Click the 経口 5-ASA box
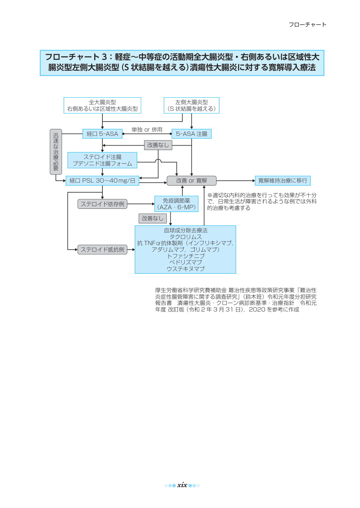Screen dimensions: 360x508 (x=102, y=134)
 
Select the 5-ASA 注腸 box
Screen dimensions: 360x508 (x=191, y=134)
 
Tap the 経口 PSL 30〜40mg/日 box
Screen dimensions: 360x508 (x=102, y=181)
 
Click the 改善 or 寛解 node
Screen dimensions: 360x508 (x=191, y=181)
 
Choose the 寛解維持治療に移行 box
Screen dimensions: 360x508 (x=283, y=181)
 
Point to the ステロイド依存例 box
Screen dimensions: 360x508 (x=102, y=204)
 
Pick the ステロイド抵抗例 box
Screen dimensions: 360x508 (x=102, y=249)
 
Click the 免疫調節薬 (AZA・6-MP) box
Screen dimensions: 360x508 (x=176, y=204)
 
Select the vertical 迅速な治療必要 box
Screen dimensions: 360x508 (x=56, y=152)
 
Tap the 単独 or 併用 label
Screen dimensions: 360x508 (x=147, y=129)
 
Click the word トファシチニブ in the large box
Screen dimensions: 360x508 (x=186, y=256)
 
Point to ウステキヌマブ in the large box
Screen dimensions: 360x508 (x=186, y=269)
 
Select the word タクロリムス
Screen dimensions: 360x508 (x=186, y=237)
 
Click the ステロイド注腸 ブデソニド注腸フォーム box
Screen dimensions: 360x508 (x=102, y=160)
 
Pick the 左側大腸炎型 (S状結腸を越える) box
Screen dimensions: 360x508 (x=191, y=105)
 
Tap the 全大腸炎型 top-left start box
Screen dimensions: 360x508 (x=102, y=105)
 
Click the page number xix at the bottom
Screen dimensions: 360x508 (x=182, y=485)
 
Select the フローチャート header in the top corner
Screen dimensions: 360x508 (x=307, y=24)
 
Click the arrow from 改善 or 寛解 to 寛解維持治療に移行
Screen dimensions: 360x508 (x=236, y=181)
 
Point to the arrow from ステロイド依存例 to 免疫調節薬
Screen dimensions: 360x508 (x=141, y=204)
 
